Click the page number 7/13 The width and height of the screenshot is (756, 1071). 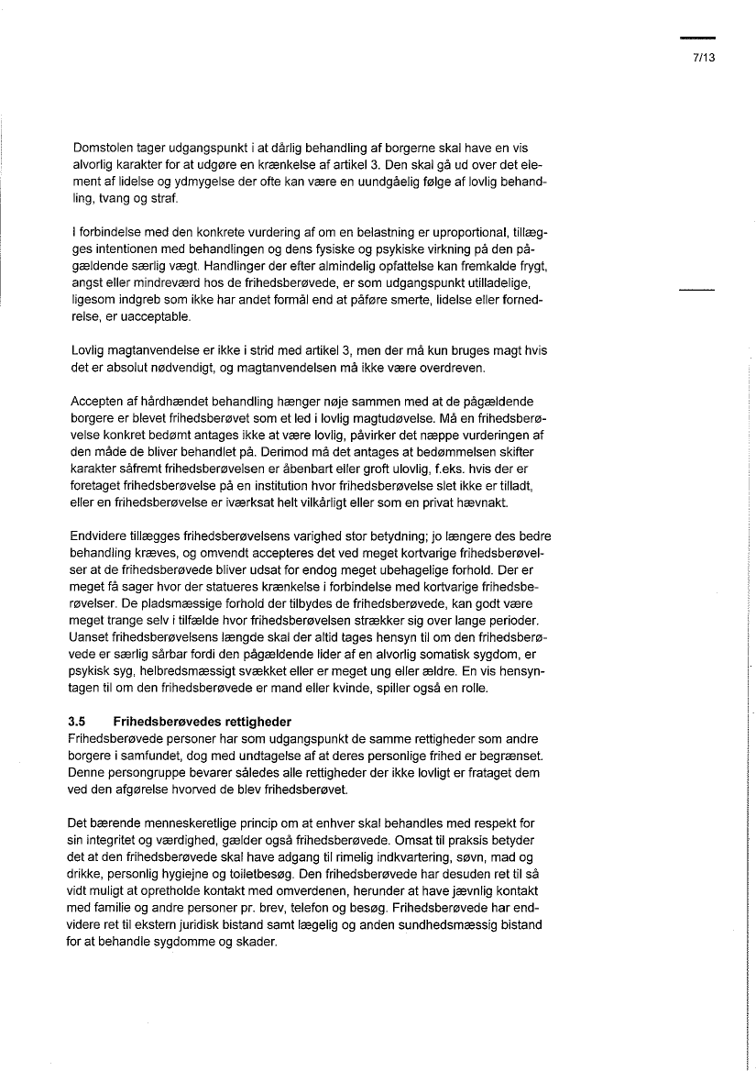[x=703, y=56]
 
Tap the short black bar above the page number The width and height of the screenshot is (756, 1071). [x=697, y=38]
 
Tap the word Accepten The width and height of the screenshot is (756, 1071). [x=96, y=402]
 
